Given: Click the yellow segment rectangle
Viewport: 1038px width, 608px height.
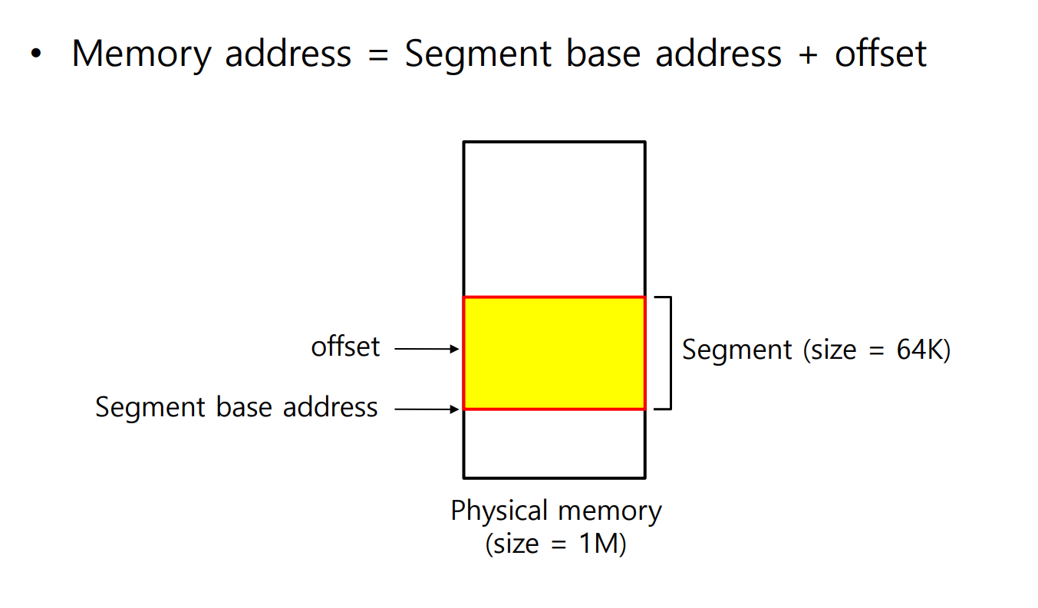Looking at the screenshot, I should (554, 353).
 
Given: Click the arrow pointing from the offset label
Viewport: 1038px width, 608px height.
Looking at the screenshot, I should (427, 349).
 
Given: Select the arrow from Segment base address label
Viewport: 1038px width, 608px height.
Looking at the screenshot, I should (427, 409).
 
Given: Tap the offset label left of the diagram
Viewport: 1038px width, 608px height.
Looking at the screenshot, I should (345, 347).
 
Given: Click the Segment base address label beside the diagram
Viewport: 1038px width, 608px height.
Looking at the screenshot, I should (236, 406).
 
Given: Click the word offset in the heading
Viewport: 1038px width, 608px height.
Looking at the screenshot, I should (881, 54).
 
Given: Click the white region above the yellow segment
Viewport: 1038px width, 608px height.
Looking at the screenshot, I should (554, 219).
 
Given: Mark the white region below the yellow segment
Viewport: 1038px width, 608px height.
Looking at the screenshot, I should (554, 443).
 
